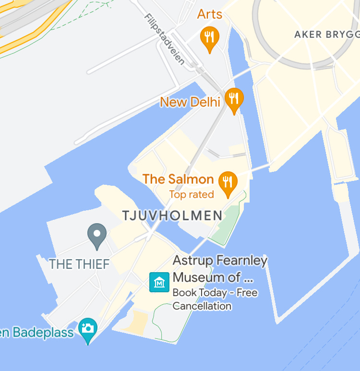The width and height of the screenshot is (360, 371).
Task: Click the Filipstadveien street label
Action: tap(164, 39)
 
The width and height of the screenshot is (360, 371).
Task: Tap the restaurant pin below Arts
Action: tap(209, 37)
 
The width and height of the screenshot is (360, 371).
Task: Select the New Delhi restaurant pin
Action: tap(234, 99)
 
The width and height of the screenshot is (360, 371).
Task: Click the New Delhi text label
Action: tap(190, 102)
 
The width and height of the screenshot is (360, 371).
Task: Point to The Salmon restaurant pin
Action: tap(228, 182)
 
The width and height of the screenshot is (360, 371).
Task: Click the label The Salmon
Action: tap(178, 180)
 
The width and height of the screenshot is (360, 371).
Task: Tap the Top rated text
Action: tap(191, 194)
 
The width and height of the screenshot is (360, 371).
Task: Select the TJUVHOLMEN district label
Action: tap(172, 215)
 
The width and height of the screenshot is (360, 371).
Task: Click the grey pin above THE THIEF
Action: tap(97, 235)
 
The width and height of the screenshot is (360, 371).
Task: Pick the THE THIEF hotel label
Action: tap(79, 264)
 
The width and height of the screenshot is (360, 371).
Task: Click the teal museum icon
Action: tap(159, 282)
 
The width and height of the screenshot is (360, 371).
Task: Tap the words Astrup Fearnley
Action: tap(220, 261)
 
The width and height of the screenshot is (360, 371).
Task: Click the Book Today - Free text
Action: tap(215, 292)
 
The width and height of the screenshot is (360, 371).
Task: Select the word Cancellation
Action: tap(202, 306)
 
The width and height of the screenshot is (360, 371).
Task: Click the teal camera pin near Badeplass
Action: tap(88, 329)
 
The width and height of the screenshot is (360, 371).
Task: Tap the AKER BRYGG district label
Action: tap(326, 34)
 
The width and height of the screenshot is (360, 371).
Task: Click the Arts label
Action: tap(210, 14)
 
